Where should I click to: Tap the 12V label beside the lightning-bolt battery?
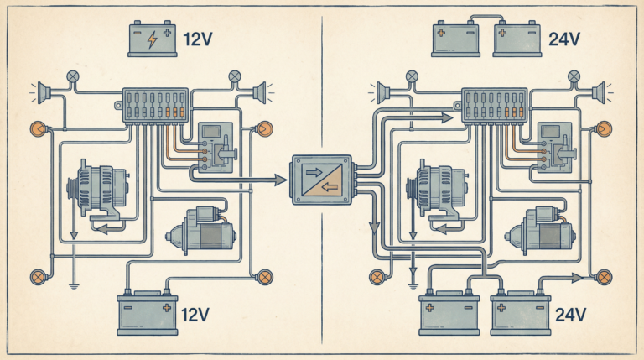click(x=199, y=39)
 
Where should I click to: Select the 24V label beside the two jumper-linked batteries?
click(x=559, y=39)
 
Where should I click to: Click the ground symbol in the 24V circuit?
click(x=412, y=281)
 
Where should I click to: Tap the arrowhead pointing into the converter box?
click(x=281, y=179)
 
